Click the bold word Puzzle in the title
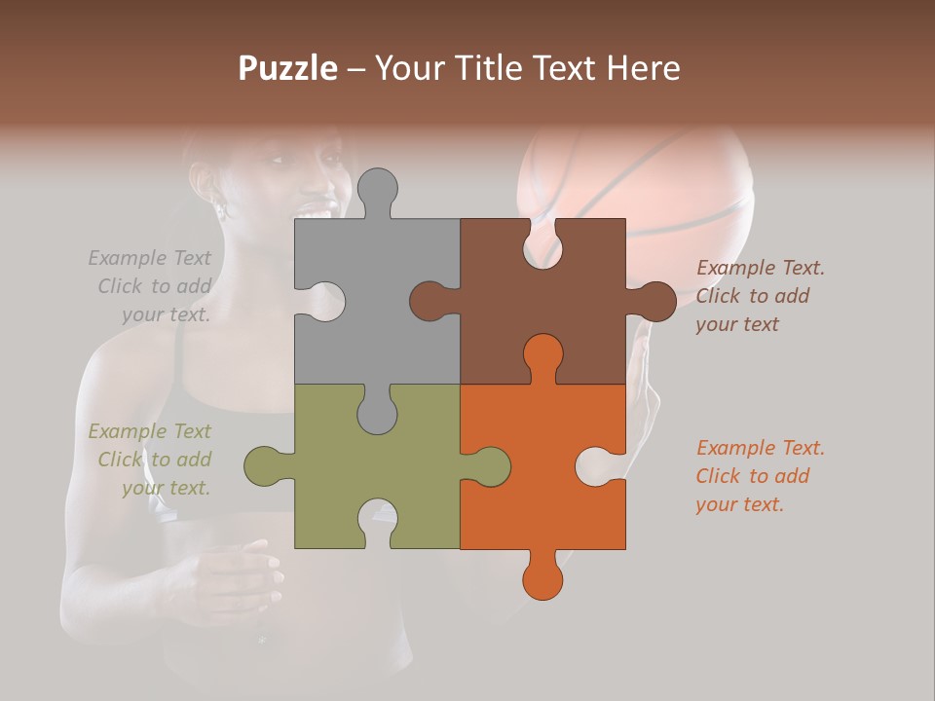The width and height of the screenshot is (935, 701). click(288, 68)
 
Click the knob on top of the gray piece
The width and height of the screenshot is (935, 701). click(377, 190)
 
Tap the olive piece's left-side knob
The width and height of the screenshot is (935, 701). click(264, 466)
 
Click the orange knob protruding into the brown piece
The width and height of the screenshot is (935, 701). click(542, 354)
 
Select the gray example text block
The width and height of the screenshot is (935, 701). click(152, 286)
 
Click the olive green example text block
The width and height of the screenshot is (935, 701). click(152, 460)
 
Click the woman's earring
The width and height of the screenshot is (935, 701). click(220, 207)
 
